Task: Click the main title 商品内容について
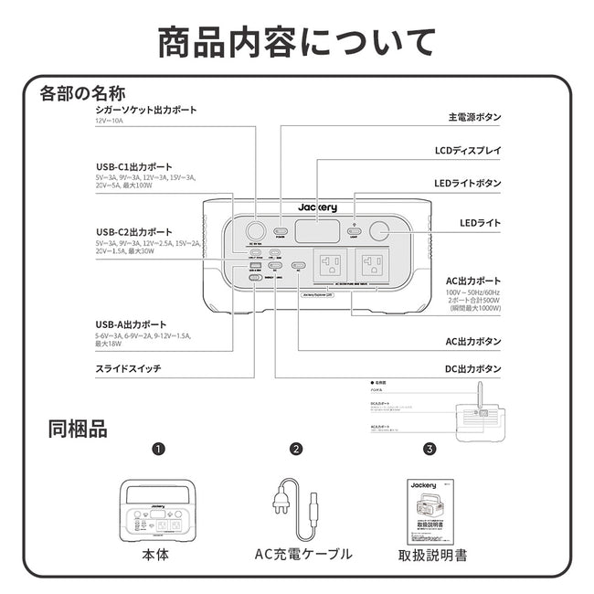(x=296, y=42)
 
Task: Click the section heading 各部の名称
(x=82, y=93)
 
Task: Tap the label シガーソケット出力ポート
(x=146, y=111)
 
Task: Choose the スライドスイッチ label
(x=131, y=369)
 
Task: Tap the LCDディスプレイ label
(x=467, y=150)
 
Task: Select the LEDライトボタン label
(x=467, y=184)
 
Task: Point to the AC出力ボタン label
(x=472, y=341)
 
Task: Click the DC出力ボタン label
(x=472, y=369)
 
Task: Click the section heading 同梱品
(x=78, y=429)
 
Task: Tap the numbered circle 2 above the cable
(x=296, y=450)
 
